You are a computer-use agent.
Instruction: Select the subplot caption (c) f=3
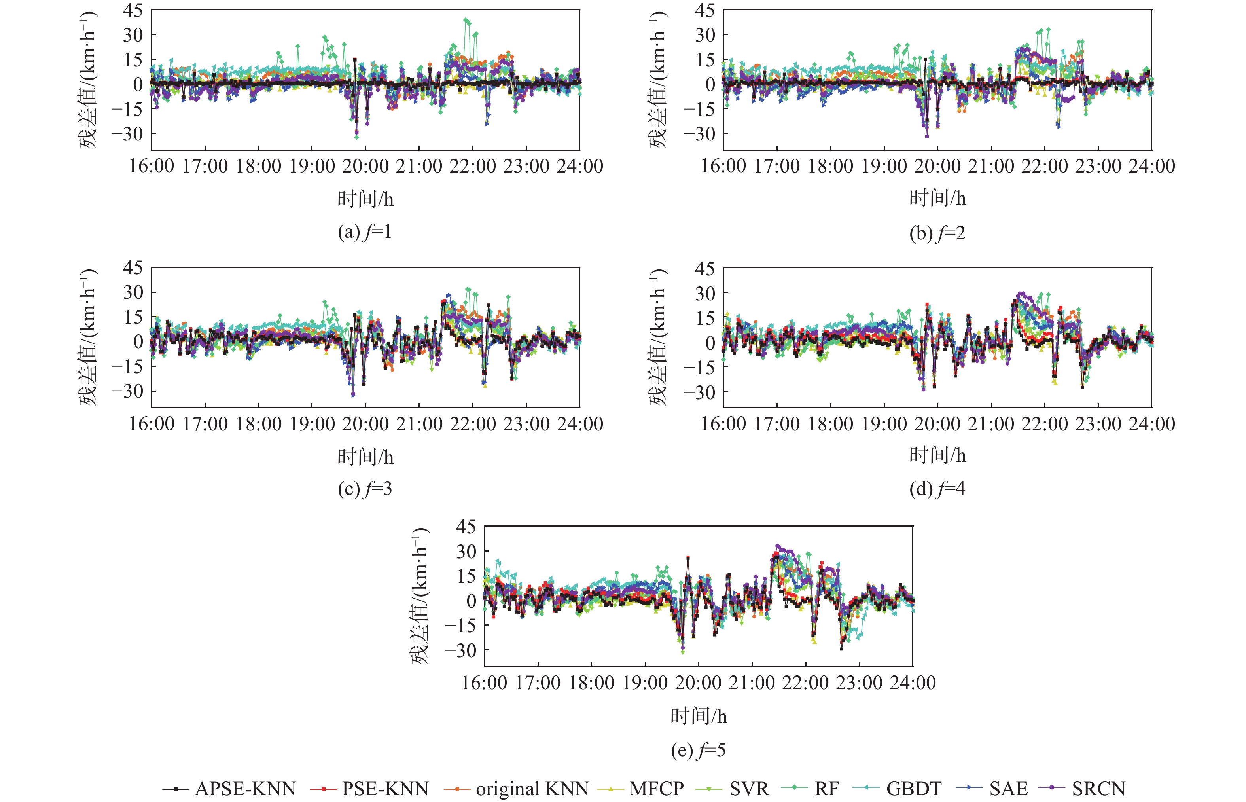pos(364,489)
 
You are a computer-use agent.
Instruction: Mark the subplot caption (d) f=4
pos(937,489)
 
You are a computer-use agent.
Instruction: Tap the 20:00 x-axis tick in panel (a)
pos(365,166)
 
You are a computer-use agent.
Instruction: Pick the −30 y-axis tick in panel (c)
pos(127,391)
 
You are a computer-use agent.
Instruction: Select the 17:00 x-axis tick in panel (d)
pos(777,424)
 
